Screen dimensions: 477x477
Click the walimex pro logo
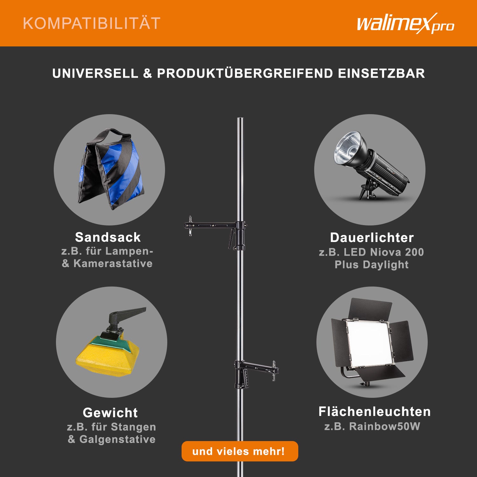tap(405, 24)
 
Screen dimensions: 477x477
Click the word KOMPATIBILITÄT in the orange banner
tap(92, 24)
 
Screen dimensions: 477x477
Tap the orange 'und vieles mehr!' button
tap(240, 451)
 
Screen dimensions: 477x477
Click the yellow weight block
tap(107, 355)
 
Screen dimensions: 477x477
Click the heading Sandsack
tap(108, 237)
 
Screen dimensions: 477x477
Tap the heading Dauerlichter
tap(372, 238)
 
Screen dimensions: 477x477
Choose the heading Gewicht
tap(110, 413)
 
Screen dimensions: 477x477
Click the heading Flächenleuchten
tap(375, 411)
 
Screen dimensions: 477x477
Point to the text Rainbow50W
tap(385, 426)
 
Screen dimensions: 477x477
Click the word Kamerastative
tap(113, 263)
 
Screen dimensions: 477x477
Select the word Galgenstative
tap(117, 439)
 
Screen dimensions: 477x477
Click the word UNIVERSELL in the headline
tap(95, 73)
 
